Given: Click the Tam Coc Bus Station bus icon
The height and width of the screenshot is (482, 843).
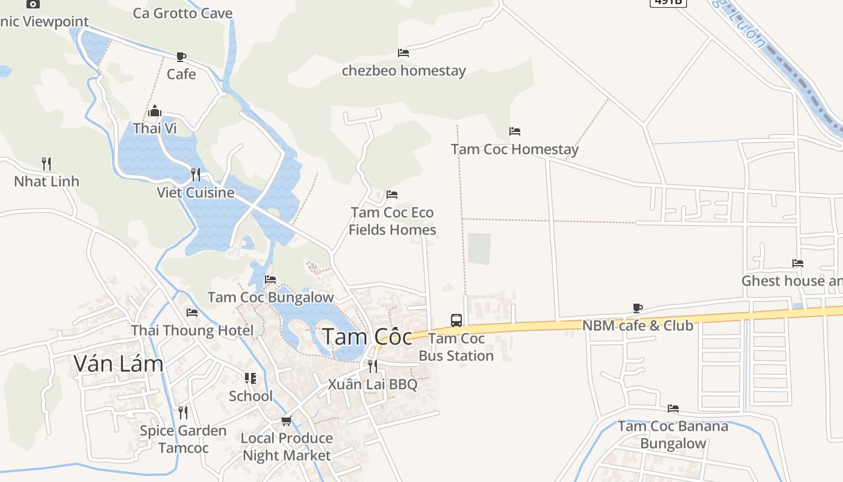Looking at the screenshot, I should [x=456, y=320].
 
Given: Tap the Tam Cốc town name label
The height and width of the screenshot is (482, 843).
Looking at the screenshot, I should [x=367, y=337].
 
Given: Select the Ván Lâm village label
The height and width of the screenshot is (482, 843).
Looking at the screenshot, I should [x=119, y=363].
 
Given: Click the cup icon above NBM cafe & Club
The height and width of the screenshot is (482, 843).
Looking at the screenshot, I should [x=638, y=308].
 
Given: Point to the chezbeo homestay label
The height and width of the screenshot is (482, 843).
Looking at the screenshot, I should [x=403, y=70].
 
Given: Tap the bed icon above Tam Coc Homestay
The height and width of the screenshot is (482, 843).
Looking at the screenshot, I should [x=514, y=131].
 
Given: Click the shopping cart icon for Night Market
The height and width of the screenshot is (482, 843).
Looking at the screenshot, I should [x=286, y=421].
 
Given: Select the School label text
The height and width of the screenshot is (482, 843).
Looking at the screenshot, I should [x=250, y=396].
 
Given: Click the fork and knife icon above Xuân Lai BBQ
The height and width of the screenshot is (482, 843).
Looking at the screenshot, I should [x=372, y=366].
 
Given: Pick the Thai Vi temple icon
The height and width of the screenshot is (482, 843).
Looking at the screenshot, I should [x=155, y=111].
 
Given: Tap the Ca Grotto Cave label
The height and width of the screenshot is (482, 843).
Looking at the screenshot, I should [x=182, y=13].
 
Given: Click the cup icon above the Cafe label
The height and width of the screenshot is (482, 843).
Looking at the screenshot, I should [x=181, y=57].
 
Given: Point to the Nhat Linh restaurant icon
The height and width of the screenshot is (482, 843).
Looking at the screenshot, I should [x=46, y=163].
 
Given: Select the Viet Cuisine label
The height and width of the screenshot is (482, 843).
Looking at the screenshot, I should [x=195, y=192].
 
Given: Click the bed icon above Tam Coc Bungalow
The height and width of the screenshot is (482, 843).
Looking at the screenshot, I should [x=270, y=280].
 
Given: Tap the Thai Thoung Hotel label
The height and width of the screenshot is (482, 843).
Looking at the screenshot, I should [x=192, y=330].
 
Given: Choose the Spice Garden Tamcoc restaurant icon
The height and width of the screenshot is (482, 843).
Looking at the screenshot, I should [x=182, y=413].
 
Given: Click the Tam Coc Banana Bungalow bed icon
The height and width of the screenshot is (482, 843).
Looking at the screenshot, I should [x=673, y=408].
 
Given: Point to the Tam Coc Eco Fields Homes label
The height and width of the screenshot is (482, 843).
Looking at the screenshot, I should [x=392, y=221].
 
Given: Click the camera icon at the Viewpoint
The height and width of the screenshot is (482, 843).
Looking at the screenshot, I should [x=33, y=4].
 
